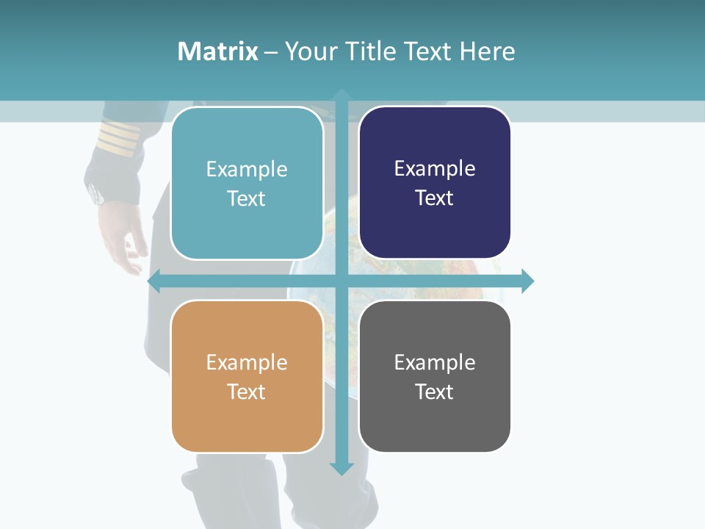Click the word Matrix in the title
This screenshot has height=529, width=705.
(x=217, y=51)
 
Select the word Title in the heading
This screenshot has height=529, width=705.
(x=372, y=51)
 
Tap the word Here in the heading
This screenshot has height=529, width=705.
(x=487, y=51)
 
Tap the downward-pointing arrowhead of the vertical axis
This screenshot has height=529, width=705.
(x=341, y=468)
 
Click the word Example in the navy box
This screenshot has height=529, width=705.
(x=435, y=169)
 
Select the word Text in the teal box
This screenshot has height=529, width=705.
(x=246, y=199)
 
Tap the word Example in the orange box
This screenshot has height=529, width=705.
(x=247, y=363)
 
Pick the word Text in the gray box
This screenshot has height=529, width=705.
(x=434, y=392)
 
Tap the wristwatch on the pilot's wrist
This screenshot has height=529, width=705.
(x=95, y=195)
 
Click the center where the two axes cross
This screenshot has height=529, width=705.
(x=341, y=281)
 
